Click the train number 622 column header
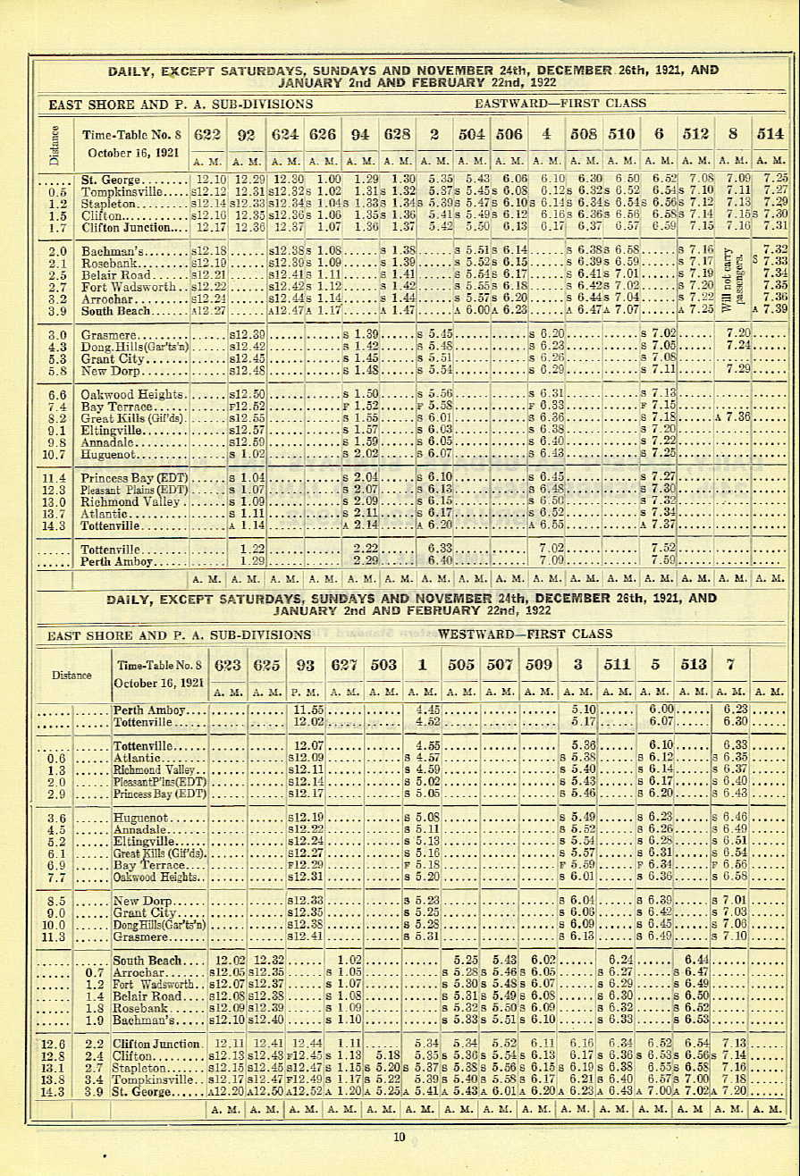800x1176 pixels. pyautogui.click(x=206, y=135)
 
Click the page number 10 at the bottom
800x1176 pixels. pyautogui.click(x=399, y=1137)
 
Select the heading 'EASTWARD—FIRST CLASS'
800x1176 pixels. pyautogui.click(x=560, y=104)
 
